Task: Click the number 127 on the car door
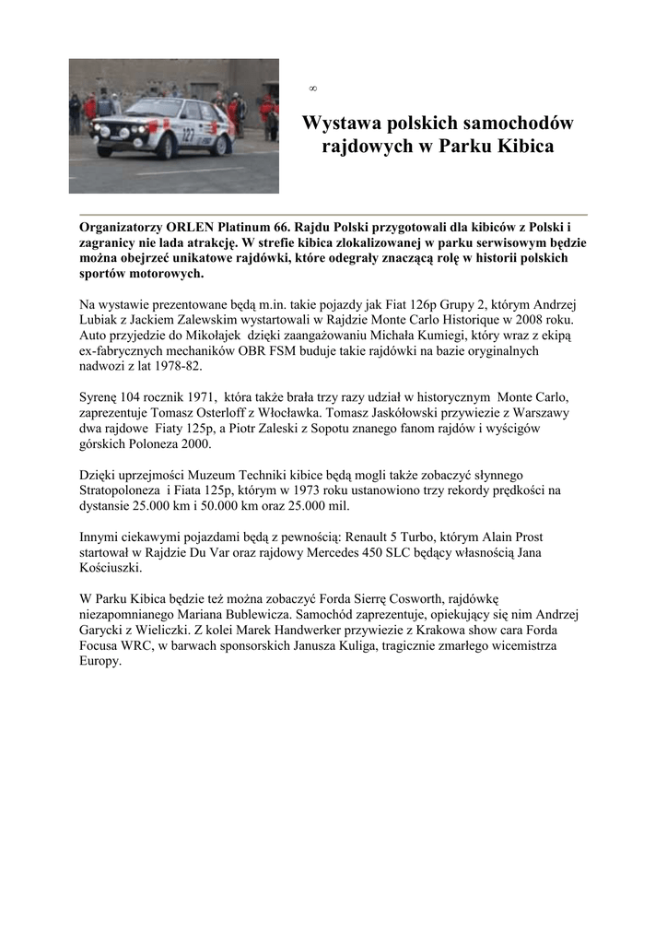188,135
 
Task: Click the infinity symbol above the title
312,88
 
